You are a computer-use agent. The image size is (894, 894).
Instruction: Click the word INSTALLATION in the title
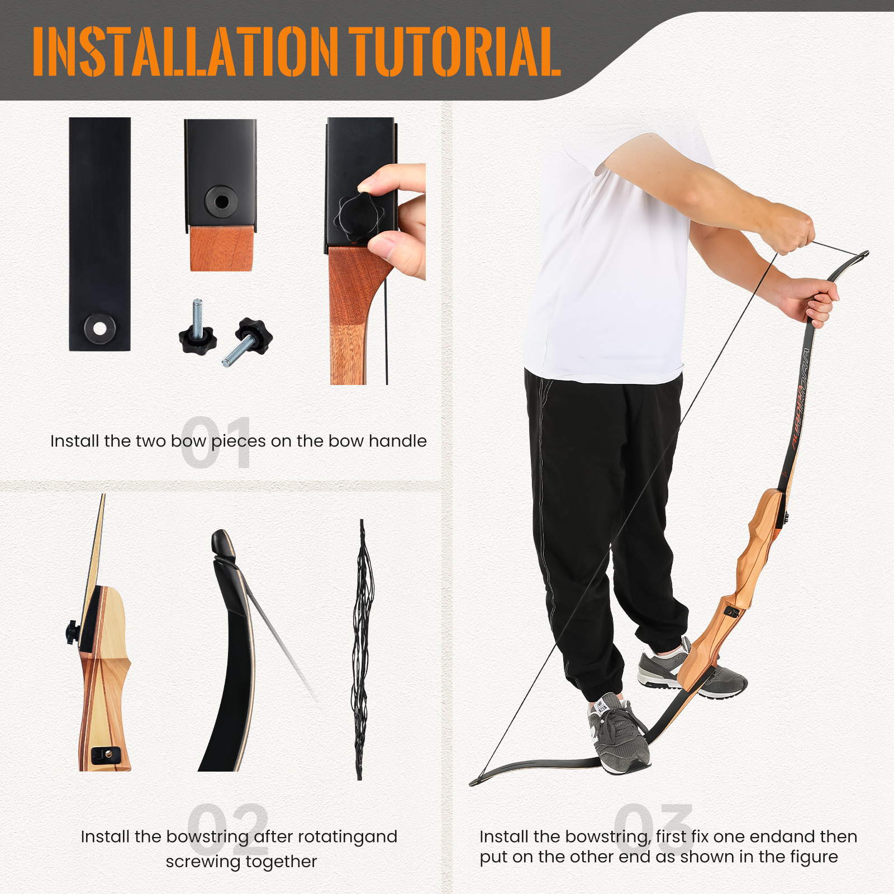[186, 51]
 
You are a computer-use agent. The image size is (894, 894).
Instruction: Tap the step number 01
[217, 442]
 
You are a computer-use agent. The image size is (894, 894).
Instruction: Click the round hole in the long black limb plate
[99, 328]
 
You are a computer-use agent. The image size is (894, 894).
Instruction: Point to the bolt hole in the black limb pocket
[221, 201]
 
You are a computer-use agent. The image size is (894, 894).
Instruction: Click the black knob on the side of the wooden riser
[72, 632]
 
